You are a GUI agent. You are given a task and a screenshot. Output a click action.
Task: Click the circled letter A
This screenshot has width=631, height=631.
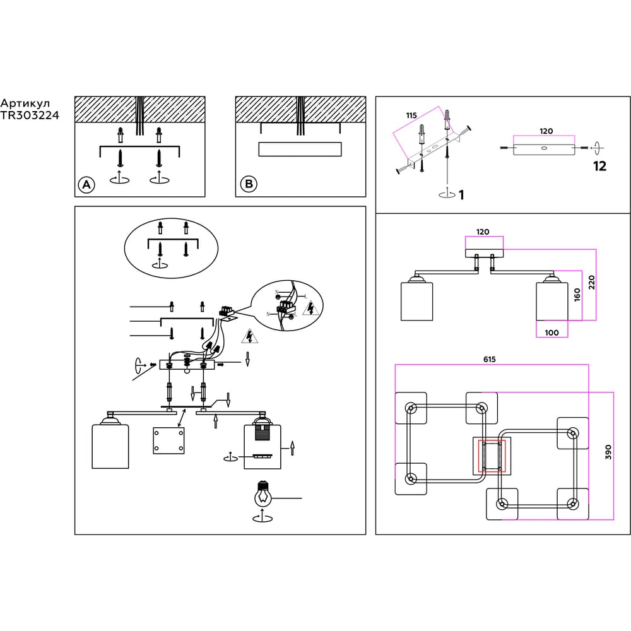pyautogui.click(x=86, y=184)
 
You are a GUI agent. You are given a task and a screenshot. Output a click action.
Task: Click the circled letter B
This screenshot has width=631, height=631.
pyautogui.click(x=249, y=184)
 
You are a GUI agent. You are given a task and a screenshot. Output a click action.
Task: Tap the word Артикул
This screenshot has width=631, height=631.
pyautogui.click(x=25, y=103)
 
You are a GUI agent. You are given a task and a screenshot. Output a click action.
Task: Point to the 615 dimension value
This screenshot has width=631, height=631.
pyautogui.click(x=490, y=359)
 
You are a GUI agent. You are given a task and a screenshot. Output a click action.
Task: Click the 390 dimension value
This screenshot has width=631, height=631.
pyautogui.click(x=608, y=452)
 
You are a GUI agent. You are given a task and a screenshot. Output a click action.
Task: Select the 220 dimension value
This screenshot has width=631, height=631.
pyautogui.click(x=591, y=281)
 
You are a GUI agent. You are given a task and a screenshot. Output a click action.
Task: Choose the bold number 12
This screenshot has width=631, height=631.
pyautogui.click(x=599, y=166)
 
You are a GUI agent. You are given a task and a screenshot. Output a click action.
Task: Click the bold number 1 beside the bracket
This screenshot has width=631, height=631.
pyautogui.click(x=461, y=195)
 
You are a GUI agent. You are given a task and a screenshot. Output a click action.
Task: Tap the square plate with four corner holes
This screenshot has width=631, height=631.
pyautogui.click(x=169, y=440)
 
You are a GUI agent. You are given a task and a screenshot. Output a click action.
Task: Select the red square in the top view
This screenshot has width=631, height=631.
pyautogui.click(x=492, y=456)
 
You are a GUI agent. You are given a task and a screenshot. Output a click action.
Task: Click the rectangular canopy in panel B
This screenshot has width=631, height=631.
pyautogui.click(x=300, y=150)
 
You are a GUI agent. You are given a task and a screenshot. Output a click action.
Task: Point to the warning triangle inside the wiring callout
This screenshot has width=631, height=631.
pyautogui.click(x=310, y=309)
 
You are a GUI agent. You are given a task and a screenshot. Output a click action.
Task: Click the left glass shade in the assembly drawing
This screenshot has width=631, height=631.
pyautogui.click(x=110, y=446)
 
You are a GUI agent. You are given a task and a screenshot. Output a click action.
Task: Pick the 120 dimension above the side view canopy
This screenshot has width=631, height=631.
pyautogui.click(x=483, y=232)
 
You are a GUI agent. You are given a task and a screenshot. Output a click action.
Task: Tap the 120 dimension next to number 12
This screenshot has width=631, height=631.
pyautogui.click(x=546, y=131)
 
